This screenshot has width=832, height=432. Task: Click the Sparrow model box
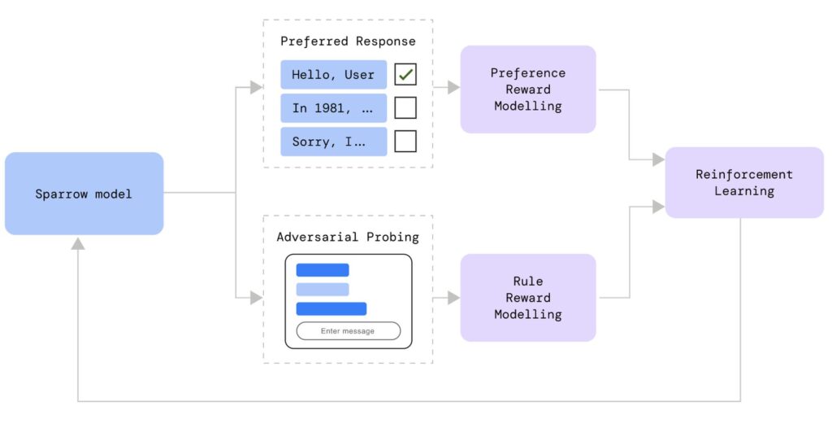[84, 194]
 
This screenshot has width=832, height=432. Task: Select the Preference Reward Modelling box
[527, 89]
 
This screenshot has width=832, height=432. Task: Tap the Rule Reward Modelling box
[527, 298]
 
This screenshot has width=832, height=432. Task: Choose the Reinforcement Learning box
[743, 183]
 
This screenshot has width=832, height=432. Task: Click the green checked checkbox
[405, 75]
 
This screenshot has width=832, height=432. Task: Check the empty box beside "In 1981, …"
[405, 108]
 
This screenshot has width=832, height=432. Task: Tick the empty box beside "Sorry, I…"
[405, 142]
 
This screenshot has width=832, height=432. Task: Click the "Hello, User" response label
[333, 75]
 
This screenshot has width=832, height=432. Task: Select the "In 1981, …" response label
[333, 108]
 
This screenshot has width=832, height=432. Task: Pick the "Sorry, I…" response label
[333, 142]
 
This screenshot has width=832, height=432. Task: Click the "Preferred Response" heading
[348, 41]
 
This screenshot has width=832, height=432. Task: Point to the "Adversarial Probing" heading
[348, 238]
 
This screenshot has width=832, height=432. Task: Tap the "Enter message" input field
[348, 331]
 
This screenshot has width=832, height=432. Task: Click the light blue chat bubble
[322, 290]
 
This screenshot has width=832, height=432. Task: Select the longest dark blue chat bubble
[331, 309]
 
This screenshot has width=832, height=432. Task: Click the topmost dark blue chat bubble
[322, 270]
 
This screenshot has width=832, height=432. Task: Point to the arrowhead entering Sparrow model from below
[78, 243]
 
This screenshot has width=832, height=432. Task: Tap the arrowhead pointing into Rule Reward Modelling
[453, 298]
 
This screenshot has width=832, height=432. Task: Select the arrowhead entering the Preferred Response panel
[257, 88]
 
